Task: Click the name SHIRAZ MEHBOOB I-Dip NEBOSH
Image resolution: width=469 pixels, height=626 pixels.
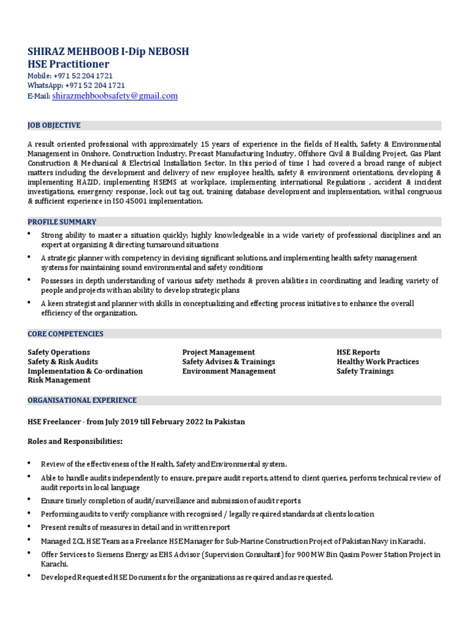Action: click(108, 51)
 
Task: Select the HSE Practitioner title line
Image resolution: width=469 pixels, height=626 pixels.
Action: click(68, 64)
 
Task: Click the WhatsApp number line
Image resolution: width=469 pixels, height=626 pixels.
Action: click(76, 86)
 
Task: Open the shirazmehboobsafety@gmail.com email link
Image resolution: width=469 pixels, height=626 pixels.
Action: click(115, 96)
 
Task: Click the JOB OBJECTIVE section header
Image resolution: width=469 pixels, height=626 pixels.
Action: click(54, 125)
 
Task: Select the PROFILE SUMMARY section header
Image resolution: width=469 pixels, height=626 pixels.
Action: click(62, 222)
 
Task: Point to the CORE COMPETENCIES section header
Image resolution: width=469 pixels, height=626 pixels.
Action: click(65, 334)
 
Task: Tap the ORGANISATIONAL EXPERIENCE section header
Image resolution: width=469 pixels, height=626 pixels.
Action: click(82, 400)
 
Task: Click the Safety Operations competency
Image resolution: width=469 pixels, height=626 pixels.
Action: click(59, 352)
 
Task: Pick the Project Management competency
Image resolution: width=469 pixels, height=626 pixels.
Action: click(219, 352)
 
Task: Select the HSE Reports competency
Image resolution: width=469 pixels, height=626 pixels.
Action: click(358, 352)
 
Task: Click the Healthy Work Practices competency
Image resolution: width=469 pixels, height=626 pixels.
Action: click(377, 362)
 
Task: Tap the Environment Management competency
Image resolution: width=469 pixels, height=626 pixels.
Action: click(229, 371)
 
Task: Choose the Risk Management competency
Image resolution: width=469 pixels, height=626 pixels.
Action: click(59, 380)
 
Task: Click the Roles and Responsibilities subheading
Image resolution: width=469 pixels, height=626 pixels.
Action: click(75, 441)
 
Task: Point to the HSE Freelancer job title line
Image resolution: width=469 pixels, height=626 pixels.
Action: click(136, 422)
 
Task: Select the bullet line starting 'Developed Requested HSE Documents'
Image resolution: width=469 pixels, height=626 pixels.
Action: click(186, 577)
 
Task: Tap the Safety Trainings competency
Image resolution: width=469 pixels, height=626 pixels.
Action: click(365, 371)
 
